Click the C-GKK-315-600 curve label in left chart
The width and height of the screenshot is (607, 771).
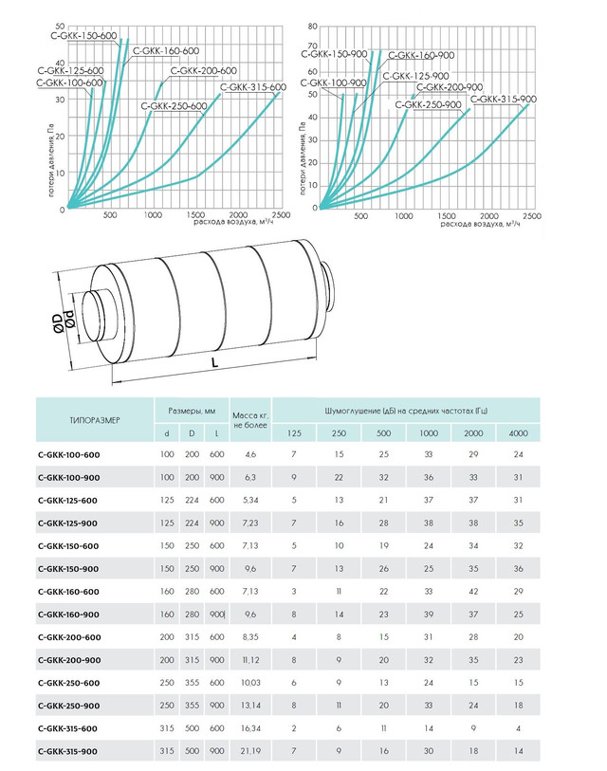[253, 87]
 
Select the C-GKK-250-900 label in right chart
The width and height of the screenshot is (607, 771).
[428, 104]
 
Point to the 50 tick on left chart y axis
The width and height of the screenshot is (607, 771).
[60, 26]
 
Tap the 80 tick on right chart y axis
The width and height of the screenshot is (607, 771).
[313, 27]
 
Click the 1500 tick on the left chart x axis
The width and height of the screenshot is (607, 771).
[195, 215]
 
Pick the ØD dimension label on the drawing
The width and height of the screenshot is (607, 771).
[59, 324]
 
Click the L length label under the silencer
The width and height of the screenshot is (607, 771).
[214, 363]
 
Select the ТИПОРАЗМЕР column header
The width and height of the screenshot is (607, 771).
[95, 420]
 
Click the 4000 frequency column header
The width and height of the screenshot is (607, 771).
[518, 433]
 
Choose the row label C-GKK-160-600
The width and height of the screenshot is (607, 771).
[68, 592]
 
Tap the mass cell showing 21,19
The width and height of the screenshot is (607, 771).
[250, 751]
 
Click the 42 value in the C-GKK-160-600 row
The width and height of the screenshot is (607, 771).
[473, 591]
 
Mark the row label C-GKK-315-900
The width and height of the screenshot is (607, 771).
[67, 751]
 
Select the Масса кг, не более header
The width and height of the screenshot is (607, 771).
[250, 420]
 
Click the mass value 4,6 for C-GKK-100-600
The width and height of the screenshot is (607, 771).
[250, 454]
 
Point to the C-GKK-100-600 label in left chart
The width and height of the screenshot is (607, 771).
[69, 83]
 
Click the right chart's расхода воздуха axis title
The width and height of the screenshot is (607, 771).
[480, 224]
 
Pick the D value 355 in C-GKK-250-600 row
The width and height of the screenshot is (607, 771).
[192, 683]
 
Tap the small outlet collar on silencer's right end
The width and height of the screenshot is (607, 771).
[328, 288]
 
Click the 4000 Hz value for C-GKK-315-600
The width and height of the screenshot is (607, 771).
[518, 728]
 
